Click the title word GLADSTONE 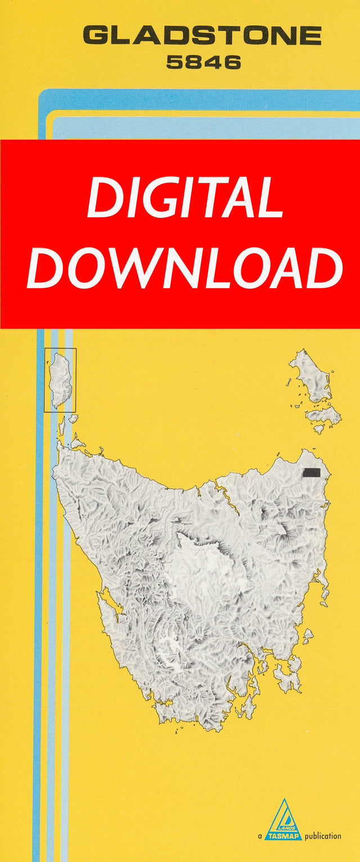point(202,37)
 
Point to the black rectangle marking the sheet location point(311,472)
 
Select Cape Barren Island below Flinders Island point(324,416)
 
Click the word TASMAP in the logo point(283,836)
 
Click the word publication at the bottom point(322,836)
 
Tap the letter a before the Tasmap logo point(260,837)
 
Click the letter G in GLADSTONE point(96,37)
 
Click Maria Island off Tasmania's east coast point(308,636)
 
